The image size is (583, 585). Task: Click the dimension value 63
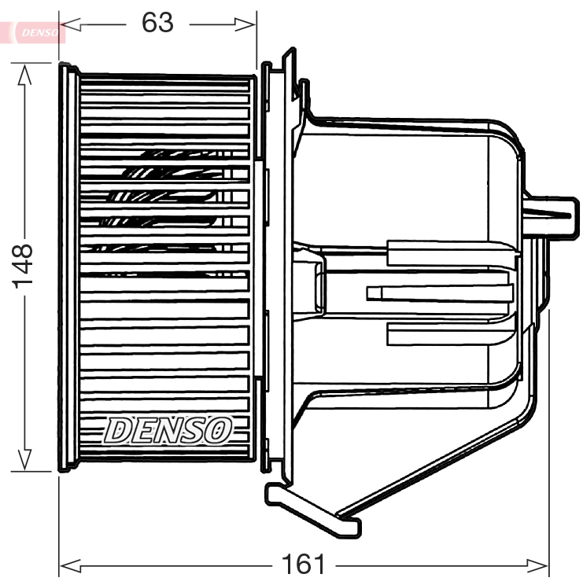157,23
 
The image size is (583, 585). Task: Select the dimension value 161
303,564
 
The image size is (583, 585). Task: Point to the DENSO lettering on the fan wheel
168,430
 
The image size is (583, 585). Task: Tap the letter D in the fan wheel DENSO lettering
119,430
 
